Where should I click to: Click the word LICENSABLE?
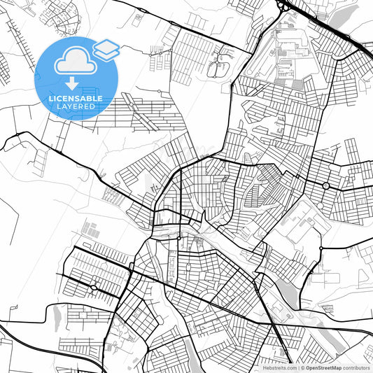point(76,99)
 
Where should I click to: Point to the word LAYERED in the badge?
point(76,106)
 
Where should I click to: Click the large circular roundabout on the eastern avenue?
point(326,185)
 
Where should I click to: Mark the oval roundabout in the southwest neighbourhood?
point(93,287)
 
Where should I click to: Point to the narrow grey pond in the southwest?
point(50,318)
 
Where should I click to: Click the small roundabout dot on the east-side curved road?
point(321,248)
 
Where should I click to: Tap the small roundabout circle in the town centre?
point(179,239)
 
